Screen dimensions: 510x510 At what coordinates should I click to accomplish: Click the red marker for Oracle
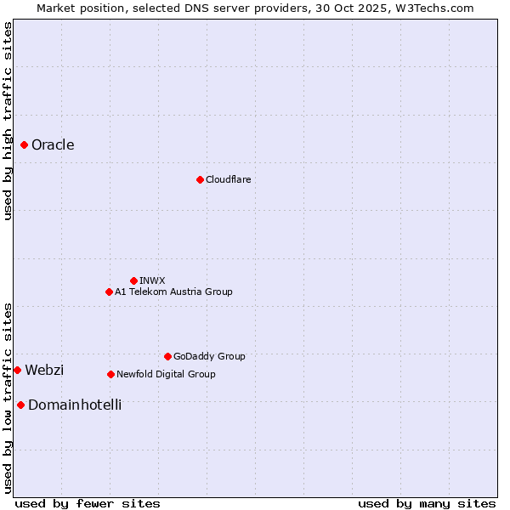tap(25, 145)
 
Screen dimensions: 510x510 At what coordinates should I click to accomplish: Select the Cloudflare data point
tap(200, 179)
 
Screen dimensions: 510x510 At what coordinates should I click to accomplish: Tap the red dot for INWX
tap(133, 280)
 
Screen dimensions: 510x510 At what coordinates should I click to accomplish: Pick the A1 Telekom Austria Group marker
tap(109, 292)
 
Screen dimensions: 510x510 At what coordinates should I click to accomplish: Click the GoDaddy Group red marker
tap(167, 356)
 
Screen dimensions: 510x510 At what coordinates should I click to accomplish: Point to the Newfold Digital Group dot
tap(110, 374)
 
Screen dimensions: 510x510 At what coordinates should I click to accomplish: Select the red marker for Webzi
tap(17, 370)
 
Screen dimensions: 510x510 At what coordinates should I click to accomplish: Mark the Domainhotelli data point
tap(20, 405)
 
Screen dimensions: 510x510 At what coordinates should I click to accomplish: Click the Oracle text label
tap(53, 145)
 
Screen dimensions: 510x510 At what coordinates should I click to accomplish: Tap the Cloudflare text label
tap(228, 179)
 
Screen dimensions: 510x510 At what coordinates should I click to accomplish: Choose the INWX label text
tap(152, 280)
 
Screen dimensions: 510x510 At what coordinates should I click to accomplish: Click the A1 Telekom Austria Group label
tap(173, 292)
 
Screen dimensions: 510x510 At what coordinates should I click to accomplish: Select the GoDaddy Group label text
tap(209, 356)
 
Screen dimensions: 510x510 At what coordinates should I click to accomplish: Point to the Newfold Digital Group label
tap(166, 374)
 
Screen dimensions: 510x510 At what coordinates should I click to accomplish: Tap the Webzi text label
tap(44, 370)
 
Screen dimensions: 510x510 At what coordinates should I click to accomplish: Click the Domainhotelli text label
tap(75, 405)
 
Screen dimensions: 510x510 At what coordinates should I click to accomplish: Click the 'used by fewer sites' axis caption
tap(88, 503)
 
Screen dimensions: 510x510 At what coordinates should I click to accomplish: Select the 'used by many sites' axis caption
tap(427, 503)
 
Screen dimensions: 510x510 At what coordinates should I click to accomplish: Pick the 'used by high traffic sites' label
tap(8, 121)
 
